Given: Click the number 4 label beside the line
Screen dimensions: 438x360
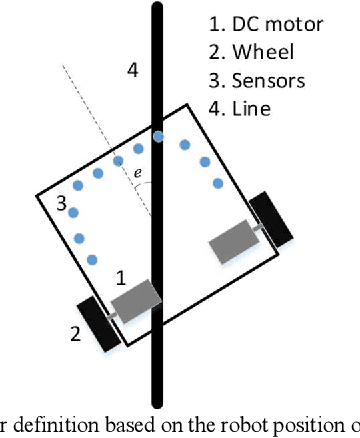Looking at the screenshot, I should click(x=132, y=69).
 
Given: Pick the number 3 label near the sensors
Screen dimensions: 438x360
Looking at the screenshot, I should click(x=62, y=204).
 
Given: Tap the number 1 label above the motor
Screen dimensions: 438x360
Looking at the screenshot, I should click(x=120, y=279).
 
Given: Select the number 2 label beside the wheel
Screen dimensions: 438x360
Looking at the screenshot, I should click(x=74, y=334).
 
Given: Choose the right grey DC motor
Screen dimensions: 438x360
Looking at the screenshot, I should click(x=232, y=240).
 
